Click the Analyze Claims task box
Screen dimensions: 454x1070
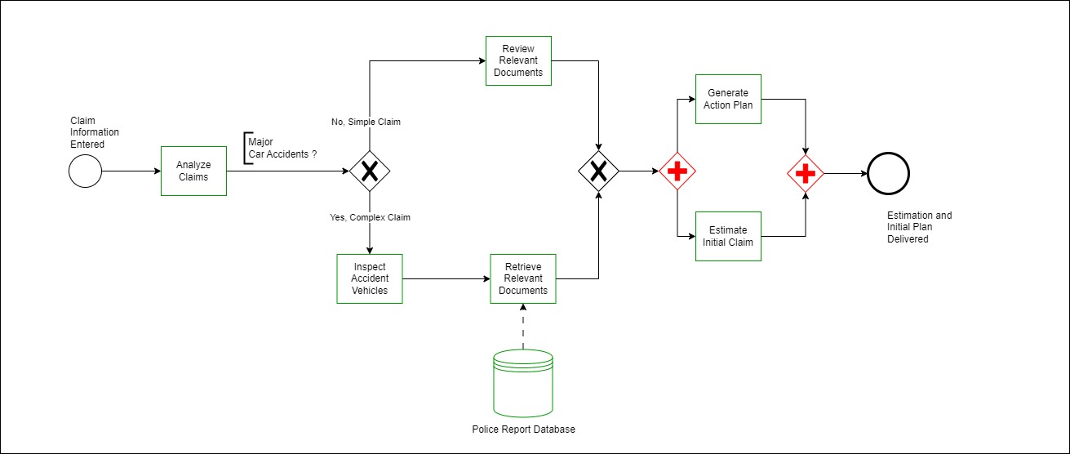[x=193, y=171]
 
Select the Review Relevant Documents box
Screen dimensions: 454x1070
[x=518, y=60]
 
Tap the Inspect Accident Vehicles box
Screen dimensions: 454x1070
[x=370, y=278]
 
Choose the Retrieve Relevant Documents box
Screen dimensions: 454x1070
[x=522, y=278]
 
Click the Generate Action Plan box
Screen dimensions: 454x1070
[x=728, y=99]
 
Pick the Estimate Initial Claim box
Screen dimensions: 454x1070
[x=728, y=236]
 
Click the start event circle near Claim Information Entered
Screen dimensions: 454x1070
[x=85, y=171]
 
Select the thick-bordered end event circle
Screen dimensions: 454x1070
[x=888, y=172]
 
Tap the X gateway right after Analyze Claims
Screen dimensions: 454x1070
[x=370, y=171]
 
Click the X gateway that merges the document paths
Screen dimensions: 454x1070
[x=599, y=171]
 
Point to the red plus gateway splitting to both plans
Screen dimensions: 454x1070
[x=677, y=171]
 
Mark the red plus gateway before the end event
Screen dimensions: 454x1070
[x=806, y=172]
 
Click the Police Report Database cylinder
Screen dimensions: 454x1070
[x=523, y=383]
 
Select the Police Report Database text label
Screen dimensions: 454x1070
[x=523, y=430]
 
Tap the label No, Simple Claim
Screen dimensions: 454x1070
[x=366, y=122]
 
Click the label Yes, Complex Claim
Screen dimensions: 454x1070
[x=370, y=217]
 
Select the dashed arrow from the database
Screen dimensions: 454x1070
[x=523, y=327]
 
